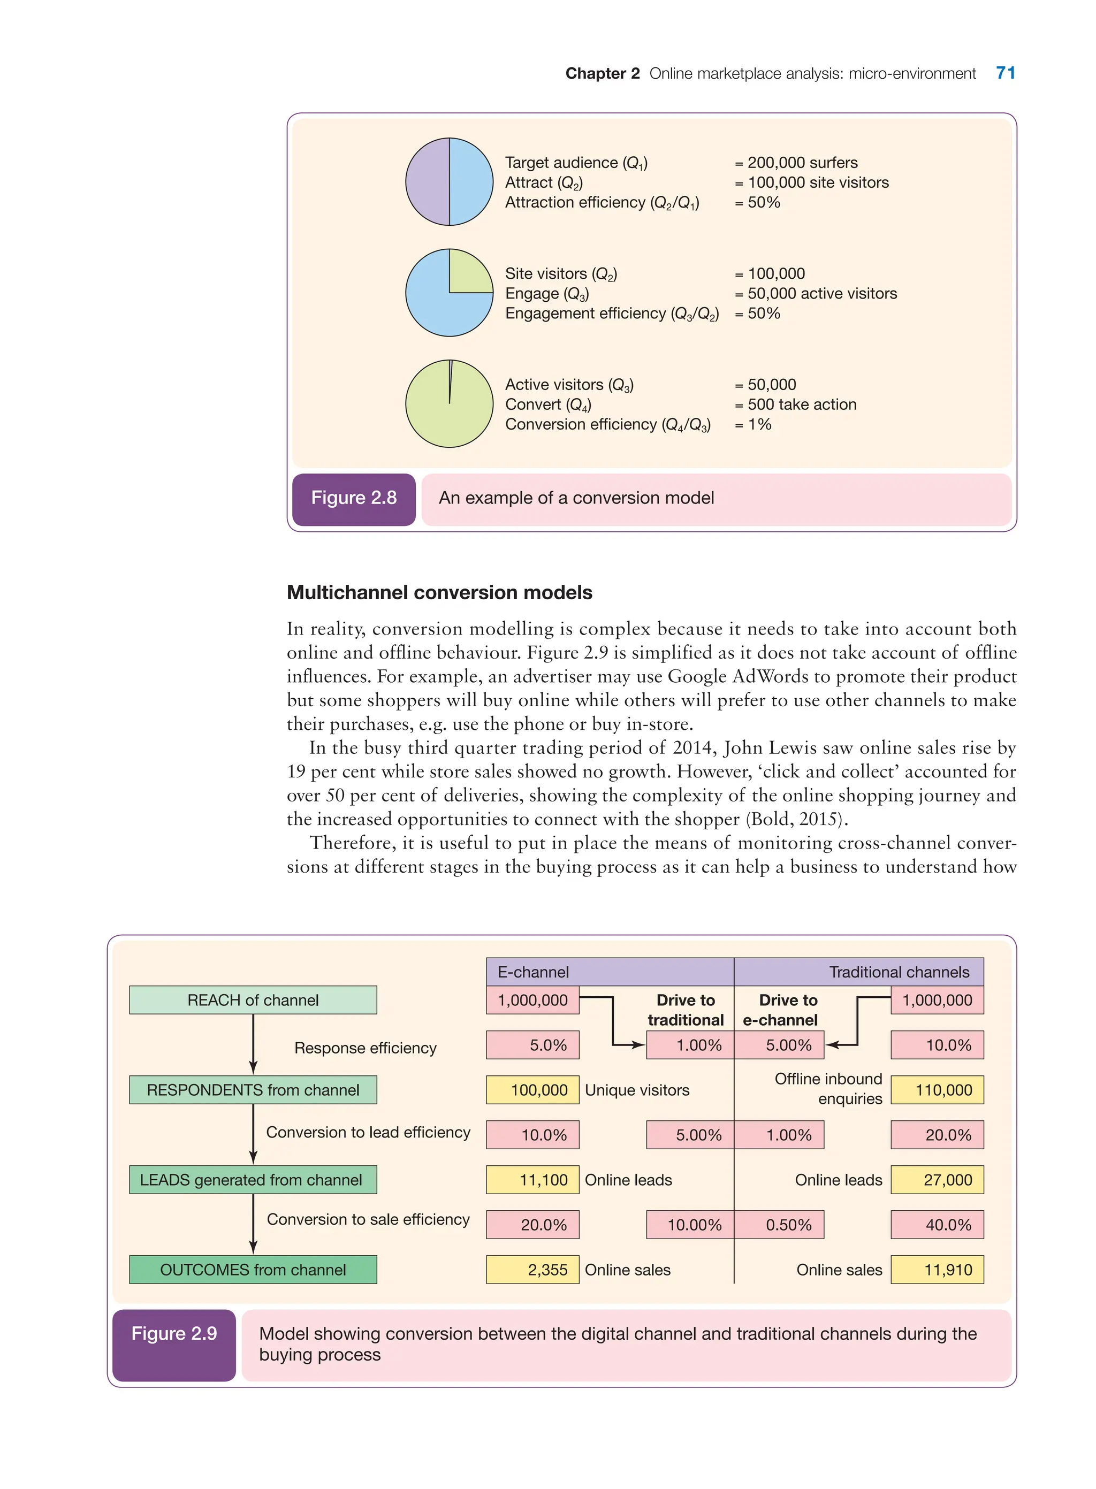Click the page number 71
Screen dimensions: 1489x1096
click(x=1005, y=73)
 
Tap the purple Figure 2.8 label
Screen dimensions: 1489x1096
click(x=354, y=498)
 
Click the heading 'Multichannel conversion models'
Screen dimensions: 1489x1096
click(x=439, y=592)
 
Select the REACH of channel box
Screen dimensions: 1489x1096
click(x=253, y=1000)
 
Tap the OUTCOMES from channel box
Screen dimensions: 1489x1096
click(x=253, y=1270)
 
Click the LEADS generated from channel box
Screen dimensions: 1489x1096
click(x=253, y=1180)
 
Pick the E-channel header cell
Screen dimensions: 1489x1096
click(x=609, y=972)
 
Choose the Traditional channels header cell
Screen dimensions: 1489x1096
click(x=859, y=972)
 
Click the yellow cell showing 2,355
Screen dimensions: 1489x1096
click(x=532, y=1270)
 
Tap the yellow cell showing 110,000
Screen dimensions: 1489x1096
click(x=937, y=1090)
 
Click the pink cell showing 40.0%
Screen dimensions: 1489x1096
click(x=937, y=1225)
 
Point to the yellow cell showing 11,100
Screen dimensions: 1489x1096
click(x=532, y=1180)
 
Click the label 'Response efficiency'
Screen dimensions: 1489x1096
click(x=365, y=1048)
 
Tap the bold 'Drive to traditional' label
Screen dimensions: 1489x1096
click(x=686, y=1010)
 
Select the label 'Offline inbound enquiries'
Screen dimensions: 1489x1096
click(x=828, y=1088)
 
